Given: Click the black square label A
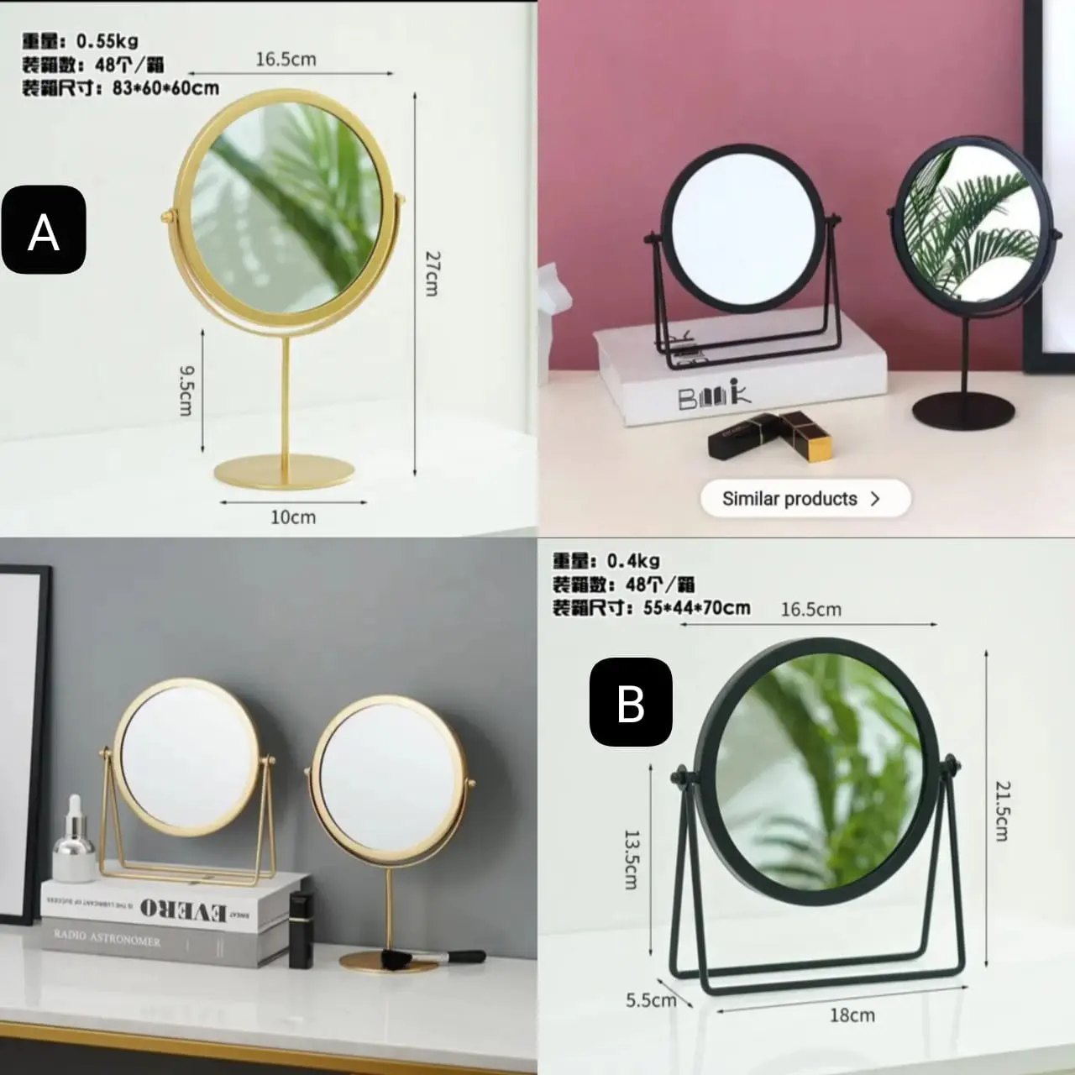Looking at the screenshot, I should [44, 230].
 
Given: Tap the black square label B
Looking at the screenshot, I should [631, 702].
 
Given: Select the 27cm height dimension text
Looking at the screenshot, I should [431, 273].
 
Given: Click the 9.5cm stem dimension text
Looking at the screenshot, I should [186, 390].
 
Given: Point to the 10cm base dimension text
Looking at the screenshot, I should [293, 517].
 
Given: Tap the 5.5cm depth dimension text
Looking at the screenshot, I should [650, 1000].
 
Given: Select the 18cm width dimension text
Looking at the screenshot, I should [852, 1015].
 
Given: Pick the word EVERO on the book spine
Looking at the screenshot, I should [184, 910].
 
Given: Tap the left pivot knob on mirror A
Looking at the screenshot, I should [168, 218].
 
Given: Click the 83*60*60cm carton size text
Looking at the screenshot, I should [165, 88].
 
